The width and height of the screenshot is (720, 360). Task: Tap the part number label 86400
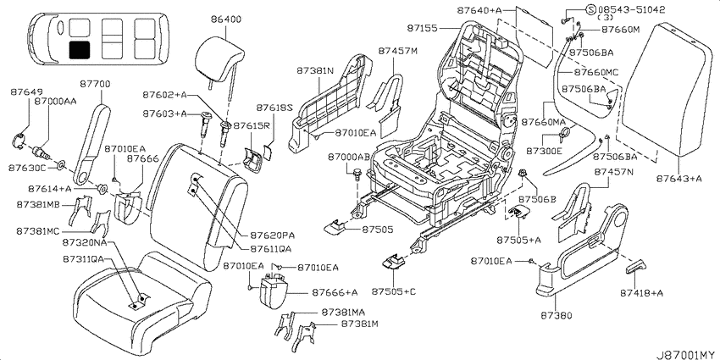point(226,19)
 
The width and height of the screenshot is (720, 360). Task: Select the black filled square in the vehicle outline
point(80,50)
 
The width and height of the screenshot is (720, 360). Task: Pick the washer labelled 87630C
point(61,164)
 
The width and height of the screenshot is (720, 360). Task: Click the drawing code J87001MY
point(685,354)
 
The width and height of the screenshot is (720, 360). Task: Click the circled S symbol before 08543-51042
point(591,8)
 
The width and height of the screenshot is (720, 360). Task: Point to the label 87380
point(557,315)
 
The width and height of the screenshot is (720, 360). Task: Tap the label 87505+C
point(394,291)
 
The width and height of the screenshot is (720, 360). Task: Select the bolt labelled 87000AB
point(357,174)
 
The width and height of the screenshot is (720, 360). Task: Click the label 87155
point(423,29)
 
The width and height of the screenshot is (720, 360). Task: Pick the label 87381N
point(314,71)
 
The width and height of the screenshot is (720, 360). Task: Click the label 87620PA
point(272,235)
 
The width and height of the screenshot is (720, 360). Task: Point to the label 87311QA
point(84,259)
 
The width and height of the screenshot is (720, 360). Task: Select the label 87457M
point(398,51)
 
